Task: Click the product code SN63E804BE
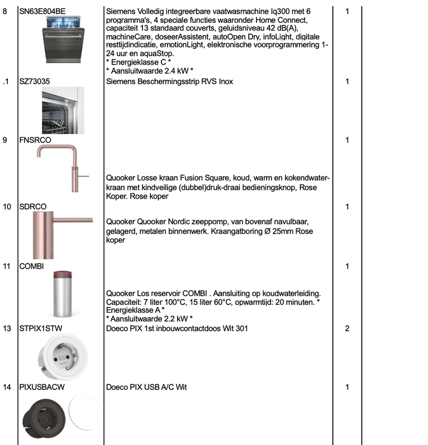click(x=42, y=11)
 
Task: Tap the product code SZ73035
click(x=35, y=82)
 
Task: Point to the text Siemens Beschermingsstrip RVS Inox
click(x=169, y=82)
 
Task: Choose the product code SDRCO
click(x=33, y=207)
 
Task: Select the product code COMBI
click(x=31, y=266)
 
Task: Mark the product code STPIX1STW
click(x=41, y=329)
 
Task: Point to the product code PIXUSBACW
click(x=42, y=387)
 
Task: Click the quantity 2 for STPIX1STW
click(x=347, y=329)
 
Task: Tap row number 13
click(x=7, y=329)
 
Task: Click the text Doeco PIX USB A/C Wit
click(x=146, y=387)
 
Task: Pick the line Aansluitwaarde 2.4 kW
click(x=149, y=71)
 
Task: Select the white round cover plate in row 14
click(x=84, y=412)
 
